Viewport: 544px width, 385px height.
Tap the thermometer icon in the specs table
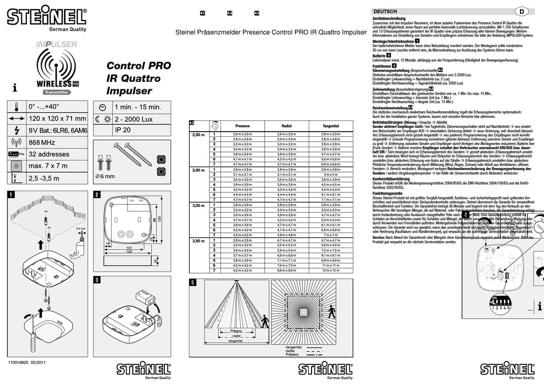[x=17, y=106]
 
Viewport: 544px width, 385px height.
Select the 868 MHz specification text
[x=42, y=142]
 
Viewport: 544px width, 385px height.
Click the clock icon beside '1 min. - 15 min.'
[x=102, y=107]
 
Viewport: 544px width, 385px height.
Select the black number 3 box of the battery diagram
[x=98, y=280]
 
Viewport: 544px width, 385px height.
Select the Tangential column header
[x=330, y=126]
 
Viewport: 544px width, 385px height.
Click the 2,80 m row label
[x=199, y=170]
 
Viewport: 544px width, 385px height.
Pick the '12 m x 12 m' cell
[x=330, y=270]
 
